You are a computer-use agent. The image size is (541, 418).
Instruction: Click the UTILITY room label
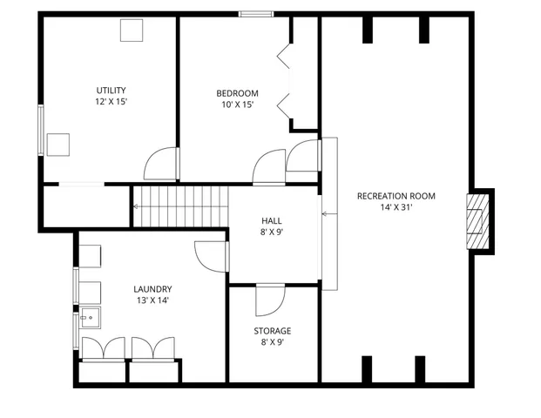[112, 90]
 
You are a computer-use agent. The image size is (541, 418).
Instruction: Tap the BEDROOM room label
[237, 93]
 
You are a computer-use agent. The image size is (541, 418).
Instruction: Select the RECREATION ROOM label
[396, 196]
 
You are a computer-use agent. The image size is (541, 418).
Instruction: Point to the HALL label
[272, 220]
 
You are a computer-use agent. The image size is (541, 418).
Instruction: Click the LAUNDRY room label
[152, 289]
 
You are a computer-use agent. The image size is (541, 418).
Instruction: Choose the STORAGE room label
[272, 331]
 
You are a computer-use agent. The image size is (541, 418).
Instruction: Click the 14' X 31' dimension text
[396, 207]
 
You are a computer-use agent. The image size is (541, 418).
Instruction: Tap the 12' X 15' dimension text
[112, 102]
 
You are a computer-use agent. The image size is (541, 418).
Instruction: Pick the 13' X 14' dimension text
[152, 300]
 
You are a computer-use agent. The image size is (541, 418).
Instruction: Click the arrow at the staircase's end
[137, 206]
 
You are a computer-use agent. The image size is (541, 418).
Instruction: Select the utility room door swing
[161, 164]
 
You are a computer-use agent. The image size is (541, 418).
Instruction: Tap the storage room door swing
[269, 300]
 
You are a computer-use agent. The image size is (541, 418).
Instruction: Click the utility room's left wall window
[40, 131]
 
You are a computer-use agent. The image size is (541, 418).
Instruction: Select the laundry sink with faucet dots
[90, 318]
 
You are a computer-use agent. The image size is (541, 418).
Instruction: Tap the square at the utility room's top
[132, 30]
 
